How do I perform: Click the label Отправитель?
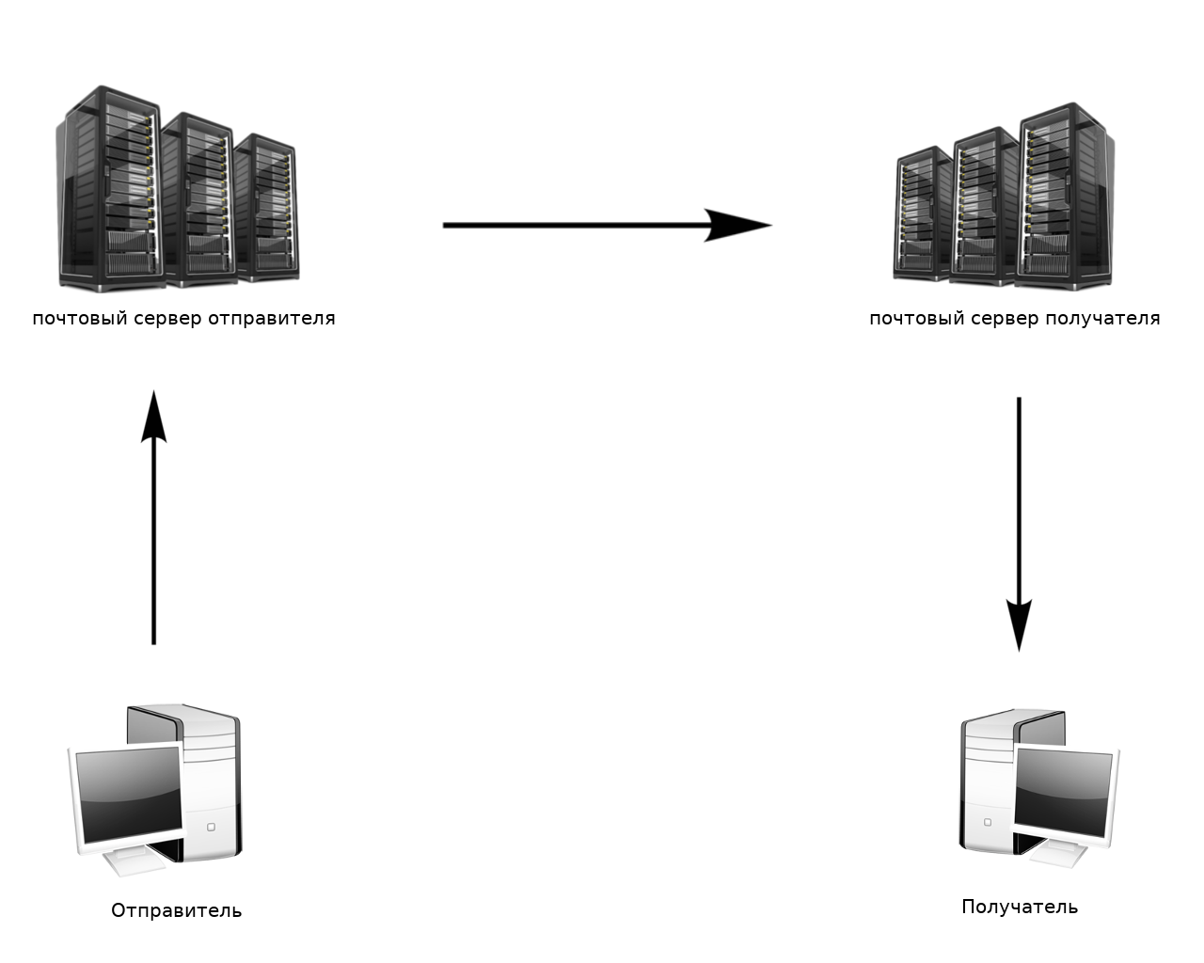pyautogui.click(x=176, y=910)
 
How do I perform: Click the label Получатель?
pyautogui.click(x=1020, y=907)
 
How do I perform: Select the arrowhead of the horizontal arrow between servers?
pyautogui.click(x=739, y=226)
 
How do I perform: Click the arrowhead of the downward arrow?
pyautogui.click(x=1019, y=624)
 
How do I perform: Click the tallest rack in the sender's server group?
pyautogui.click(x=108, y=188)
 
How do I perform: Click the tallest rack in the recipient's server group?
pyautogui.click(x=1065, y=196)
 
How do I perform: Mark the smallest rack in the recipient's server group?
pyautogui.click(x=922, y=214)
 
